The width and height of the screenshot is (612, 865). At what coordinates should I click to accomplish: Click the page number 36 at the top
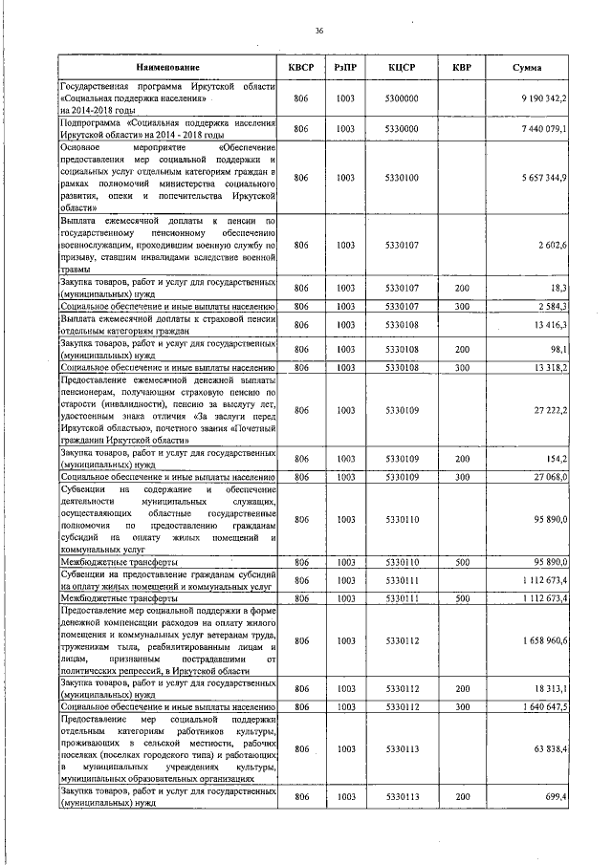pos(319,32)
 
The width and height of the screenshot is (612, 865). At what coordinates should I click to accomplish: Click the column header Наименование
pos(167,68)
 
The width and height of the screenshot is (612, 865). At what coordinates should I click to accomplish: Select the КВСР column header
pos(301,68)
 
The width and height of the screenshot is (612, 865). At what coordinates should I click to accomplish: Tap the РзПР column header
pos(346,68)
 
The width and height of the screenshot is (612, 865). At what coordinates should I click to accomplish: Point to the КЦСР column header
pos(402,68)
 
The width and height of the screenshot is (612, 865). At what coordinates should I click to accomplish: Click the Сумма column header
pos(528,68)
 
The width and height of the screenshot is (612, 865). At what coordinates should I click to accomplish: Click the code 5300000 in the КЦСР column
pos(402,98)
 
